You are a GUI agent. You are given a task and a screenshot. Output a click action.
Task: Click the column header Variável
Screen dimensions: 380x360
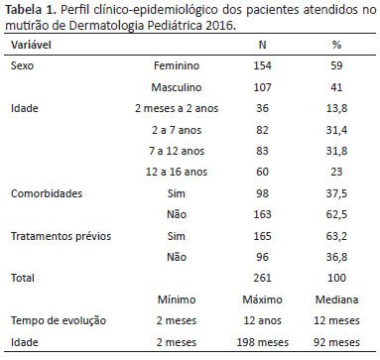point(31,45)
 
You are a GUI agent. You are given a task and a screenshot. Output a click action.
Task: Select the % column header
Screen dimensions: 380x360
point(336,45)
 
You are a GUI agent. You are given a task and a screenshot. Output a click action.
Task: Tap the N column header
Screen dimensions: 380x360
point(262,45)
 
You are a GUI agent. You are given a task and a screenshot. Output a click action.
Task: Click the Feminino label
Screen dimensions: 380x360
point(177,65)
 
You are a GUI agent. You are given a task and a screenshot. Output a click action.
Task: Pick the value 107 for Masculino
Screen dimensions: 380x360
point(262,87)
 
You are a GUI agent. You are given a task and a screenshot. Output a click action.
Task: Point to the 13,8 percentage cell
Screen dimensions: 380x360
point(336,108)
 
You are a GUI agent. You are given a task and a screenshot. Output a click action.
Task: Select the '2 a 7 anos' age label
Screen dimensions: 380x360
point(177,130)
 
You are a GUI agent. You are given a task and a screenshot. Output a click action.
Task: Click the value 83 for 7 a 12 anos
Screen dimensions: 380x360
point(262,151)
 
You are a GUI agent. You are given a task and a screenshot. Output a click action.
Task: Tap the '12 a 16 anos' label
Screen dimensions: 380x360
point(177,172)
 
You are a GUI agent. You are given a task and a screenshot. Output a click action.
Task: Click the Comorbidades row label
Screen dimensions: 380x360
point(47,193)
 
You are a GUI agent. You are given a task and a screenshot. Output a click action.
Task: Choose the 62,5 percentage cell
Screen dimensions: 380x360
point(336,214)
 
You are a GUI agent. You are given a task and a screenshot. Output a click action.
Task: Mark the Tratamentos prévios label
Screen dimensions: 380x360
point(61,236)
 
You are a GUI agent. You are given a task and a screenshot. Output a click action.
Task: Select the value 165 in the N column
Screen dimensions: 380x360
point(262,236)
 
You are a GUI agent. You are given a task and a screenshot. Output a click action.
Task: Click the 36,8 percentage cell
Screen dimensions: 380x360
point(336,257)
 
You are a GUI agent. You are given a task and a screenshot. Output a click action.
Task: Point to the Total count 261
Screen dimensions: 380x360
point(262,278)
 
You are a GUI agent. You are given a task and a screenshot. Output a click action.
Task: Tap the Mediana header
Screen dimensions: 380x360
point(336,300)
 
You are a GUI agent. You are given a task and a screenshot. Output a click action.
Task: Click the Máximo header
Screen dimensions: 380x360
point(262,300)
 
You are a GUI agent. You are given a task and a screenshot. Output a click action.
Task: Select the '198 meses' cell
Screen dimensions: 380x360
point(262,342)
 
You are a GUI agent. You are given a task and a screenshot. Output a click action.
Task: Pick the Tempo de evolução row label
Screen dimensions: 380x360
point(59,320)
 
